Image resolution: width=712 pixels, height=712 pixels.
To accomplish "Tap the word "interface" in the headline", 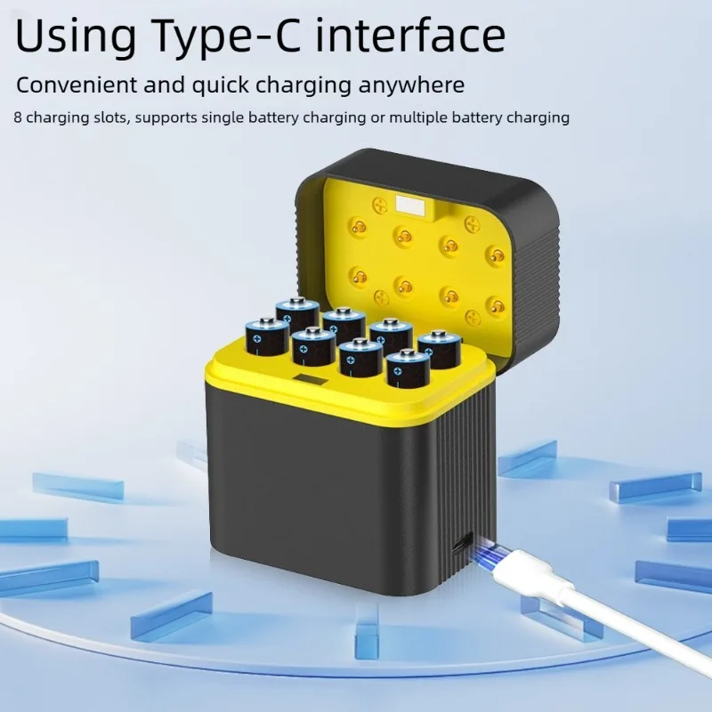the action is pos(410,34).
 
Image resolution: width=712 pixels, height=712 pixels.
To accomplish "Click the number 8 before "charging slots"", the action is pos(18,117).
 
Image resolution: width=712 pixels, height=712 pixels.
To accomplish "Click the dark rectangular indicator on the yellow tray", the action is pos(310,380).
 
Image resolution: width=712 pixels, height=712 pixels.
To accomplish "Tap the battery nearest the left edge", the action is pos(267,337).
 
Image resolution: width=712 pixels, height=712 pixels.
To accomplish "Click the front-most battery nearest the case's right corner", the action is pos(409,368).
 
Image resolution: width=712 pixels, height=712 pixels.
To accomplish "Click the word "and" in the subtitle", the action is pos(165,85).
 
